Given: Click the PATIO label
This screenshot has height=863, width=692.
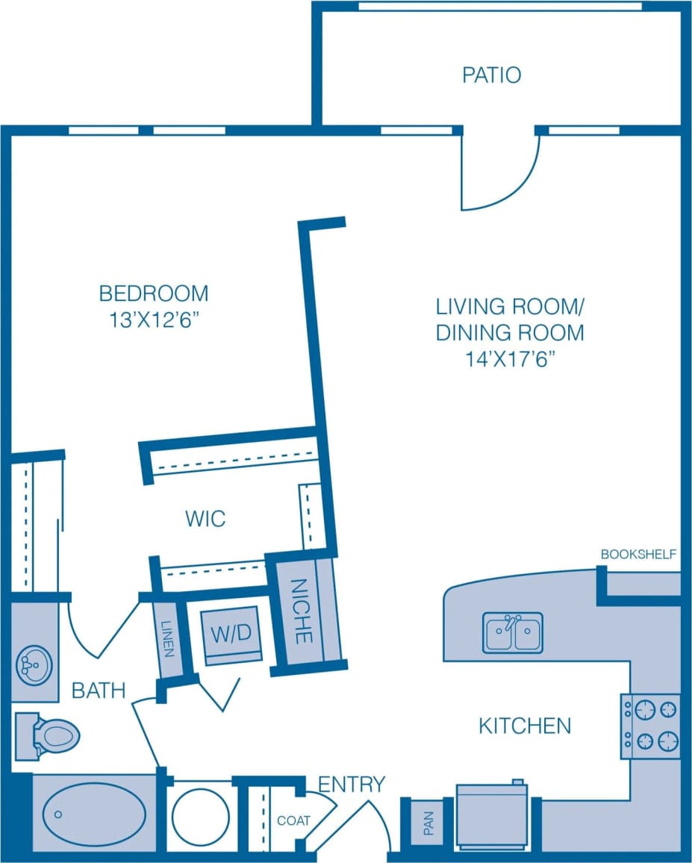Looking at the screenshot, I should coord(491,75).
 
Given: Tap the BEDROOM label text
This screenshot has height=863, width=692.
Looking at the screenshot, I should coord(154,293).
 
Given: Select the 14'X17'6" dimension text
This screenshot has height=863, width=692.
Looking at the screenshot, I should coord(510,359).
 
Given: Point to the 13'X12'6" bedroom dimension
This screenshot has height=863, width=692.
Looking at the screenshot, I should coord(154,320).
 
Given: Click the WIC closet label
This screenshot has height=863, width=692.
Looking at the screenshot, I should coord(205,518).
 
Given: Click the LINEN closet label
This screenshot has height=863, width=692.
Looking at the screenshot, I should coord(167,640).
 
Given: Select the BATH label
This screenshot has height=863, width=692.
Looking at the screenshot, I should coord(99,691).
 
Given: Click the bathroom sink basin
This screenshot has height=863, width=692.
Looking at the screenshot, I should coord(34,663).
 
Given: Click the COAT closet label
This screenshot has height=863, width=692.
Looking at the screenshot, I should coord(293,820).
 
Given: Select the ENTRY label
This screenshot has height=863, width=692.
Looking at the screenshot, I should coord(352,784).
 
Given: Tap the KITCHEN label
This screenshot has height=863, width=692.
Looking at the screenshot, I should coord(525,725).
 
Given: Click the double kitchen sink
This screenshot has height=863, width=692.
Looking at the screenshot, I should coord(512,633).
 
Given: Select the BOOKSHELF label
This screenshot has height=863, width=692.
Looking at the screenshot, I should coord(638,554).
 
